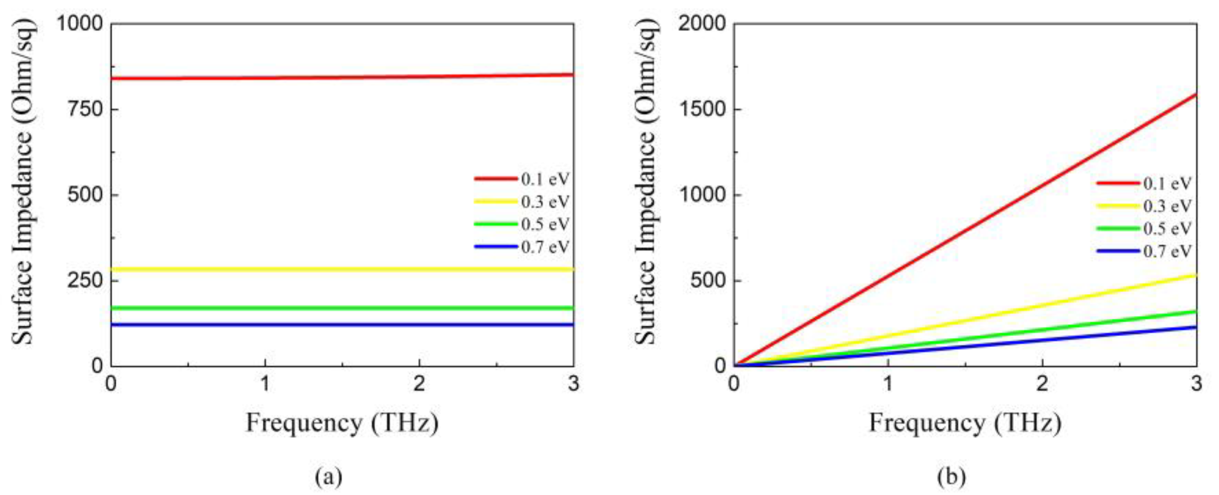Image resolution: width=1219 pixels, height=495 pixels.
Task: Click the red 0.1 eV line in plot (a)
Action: (340, 76)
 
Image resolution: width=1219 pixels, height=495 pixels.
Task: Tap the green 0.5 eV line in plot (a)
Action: (340, 308)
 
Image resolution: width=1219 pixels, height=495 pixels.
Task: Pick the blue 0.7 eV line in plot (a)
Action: (340, 325)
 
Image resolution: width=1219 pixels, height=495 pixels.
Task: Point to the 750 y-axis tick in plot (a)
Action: (85, 109)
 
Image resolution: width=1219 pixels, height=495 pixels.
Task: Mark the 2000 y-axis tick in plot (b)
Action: (702, 23)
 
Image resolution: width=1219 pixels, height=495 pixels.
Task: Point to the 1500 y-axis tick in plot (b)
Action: (702, 109)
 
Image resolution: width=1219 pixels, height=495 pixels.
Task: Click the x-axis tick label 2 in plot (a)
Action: (419, 384)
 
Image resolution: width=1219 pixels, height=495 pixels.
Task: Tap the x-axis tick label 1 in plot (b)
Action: (888, 384)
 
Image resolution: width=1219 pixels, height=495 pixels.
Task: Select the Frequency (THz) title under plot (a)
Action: (342, 423)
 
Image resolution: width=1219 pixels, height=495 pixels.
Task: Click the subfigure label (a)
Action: (329, 477)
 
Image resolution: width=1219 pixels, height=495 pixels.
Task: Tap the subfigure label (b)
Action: (951, 477)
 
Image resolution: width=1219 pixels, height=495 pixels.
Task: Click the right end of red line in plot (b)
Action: (1195, 95)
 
